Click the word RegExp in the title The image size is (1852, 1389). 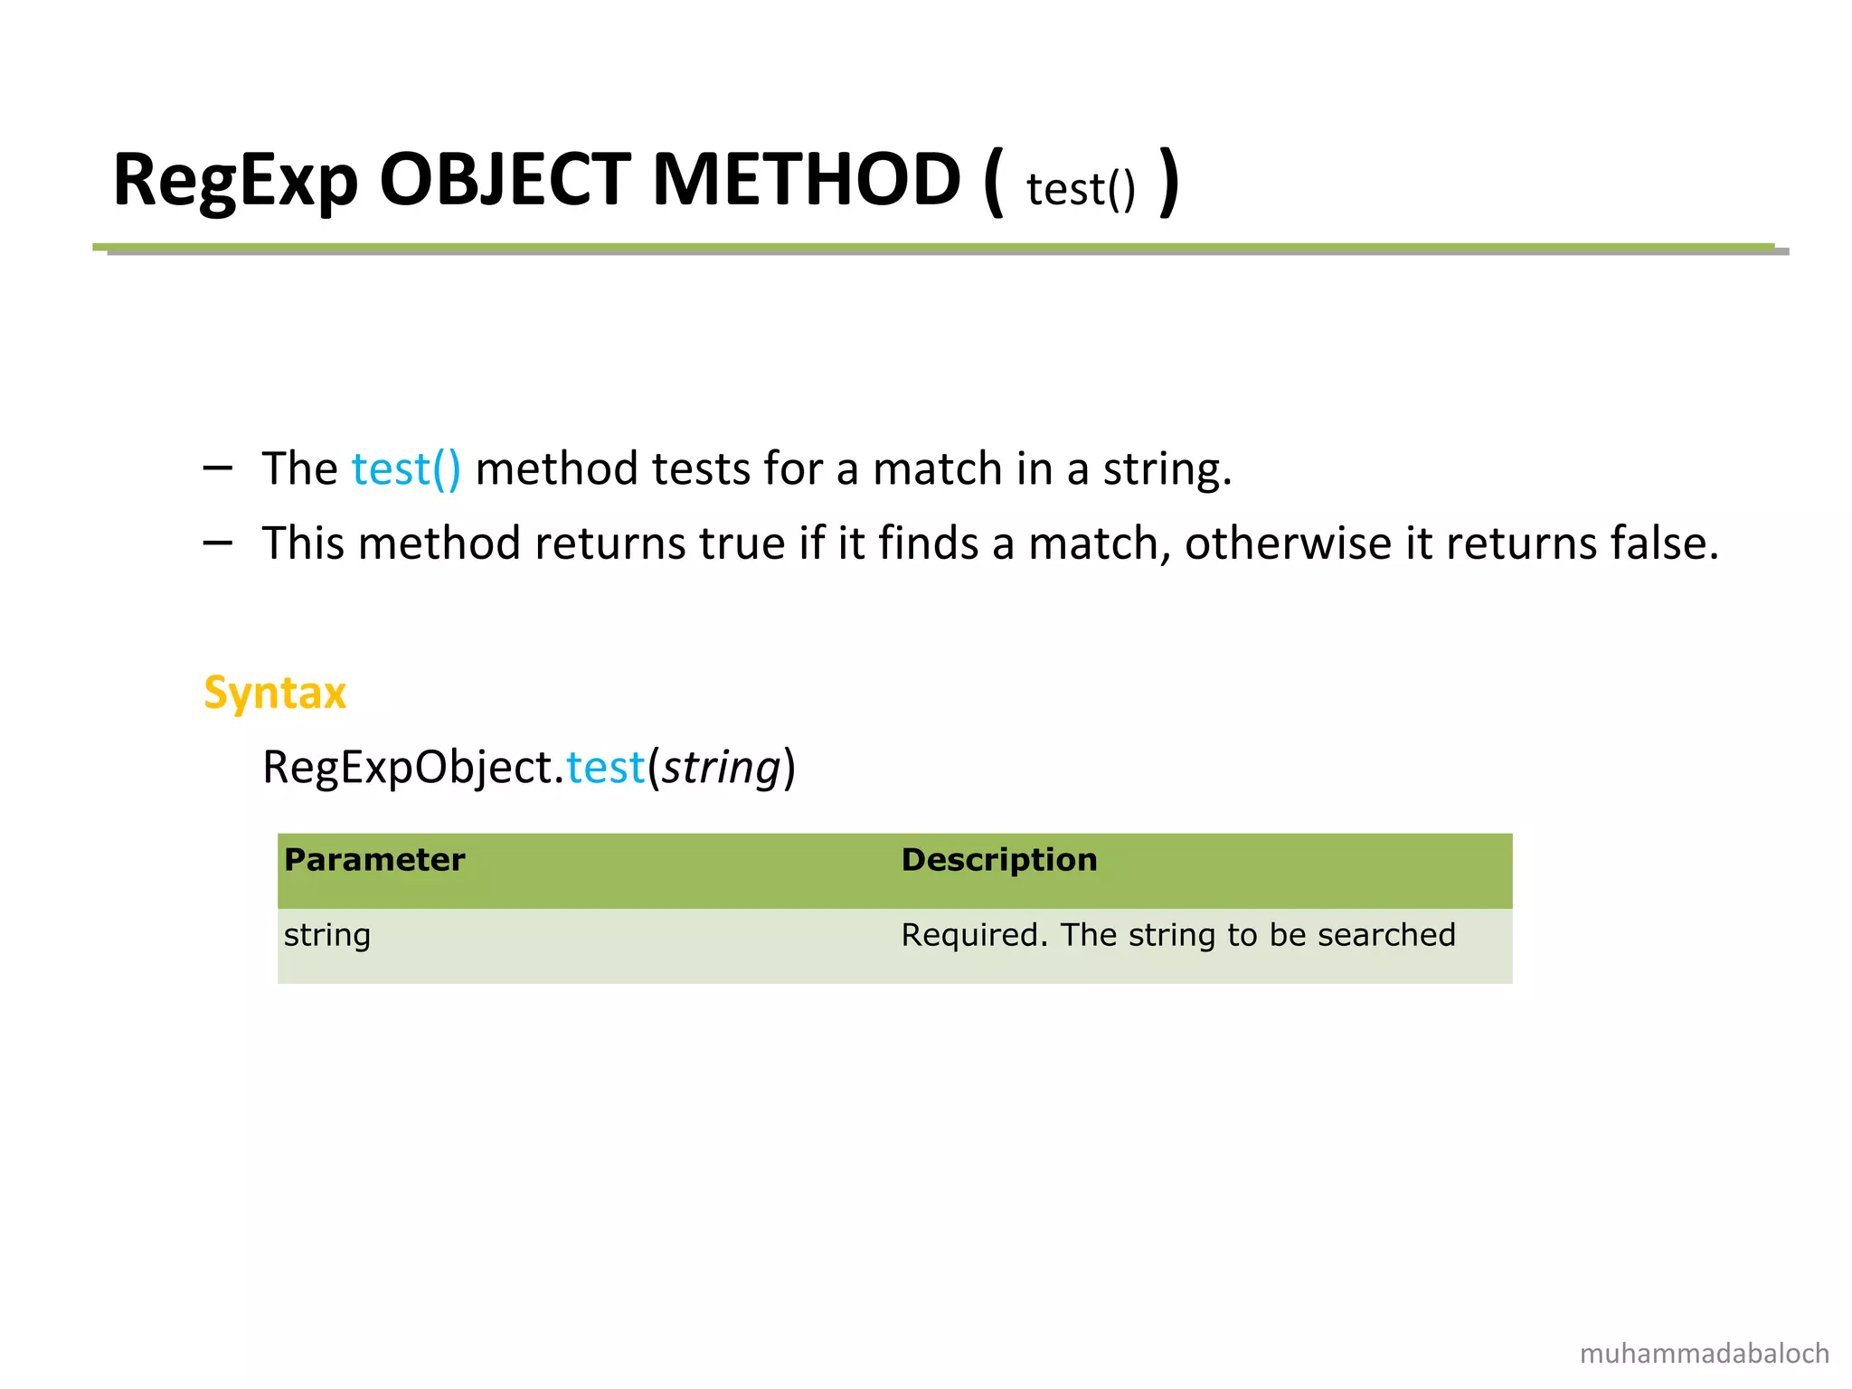pos(235,181)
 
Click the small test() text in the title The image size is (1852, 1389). pos(1081,190)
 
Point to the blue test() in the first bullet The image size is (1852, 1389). pos(406,469)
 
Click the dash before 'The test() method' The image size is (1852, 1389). pos(218,468)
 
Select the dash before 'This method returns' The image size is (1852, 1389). pos(218,542)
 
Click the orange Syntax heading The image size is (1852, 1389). pos(275,694)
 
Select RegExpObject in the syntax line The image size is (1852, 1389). pos(407,768)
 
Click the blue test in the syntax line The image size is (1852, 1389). pos(605,768)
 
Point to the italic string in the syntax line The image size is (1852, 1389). pos(721,769)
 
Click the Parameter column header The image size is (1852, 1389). pos(374,859)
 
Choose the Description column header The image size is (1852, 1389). pos(998,859)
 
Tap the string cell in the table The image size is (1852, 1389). pos(327,935)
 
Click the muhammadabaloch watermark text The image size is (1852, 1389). pos(1704,1354)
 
